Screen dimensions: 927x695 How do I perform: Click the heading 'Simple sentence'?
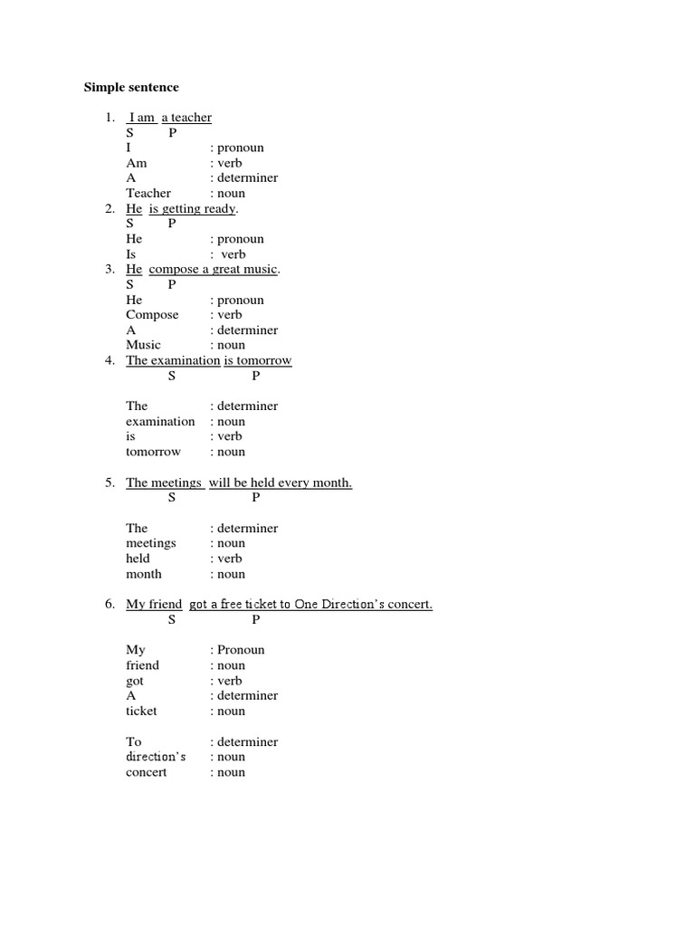[x=131, y=87]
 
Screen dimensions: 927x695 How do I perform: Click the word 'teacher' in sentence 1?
[x=191, y=118]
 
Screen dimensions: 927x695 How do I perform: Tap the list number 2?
[x=109, y=208]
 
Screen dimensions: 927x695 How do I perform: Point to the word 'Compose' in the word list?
[x=152, y=314]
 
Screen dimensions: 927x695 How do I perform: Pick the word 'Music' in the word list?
[x=143, y=345]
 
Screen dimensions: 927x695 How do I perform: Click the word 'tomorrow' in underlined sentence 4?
[x=264, y=360]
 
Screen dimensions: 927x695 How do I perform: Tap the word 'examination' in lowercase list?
[x=160, y=421]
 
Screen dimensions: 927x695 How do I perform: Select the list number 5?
[x=109, y=483]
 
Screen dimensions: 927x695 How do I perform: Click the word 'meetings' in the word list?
[x=150, y=543]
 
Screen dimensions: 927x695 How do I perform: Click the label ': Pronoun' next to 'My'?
[x=237, y=650]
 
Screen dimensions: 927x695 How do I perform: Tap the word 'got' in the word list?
[x=135, y=681]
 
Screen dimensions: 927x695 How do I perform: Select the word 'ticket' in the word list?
[x=141, y=711]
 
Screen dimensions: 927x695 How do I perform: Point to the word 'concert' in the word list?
[x=146, y=772]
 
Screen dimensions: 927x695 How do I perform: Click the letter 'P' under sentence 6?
[x=256, y=619]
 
